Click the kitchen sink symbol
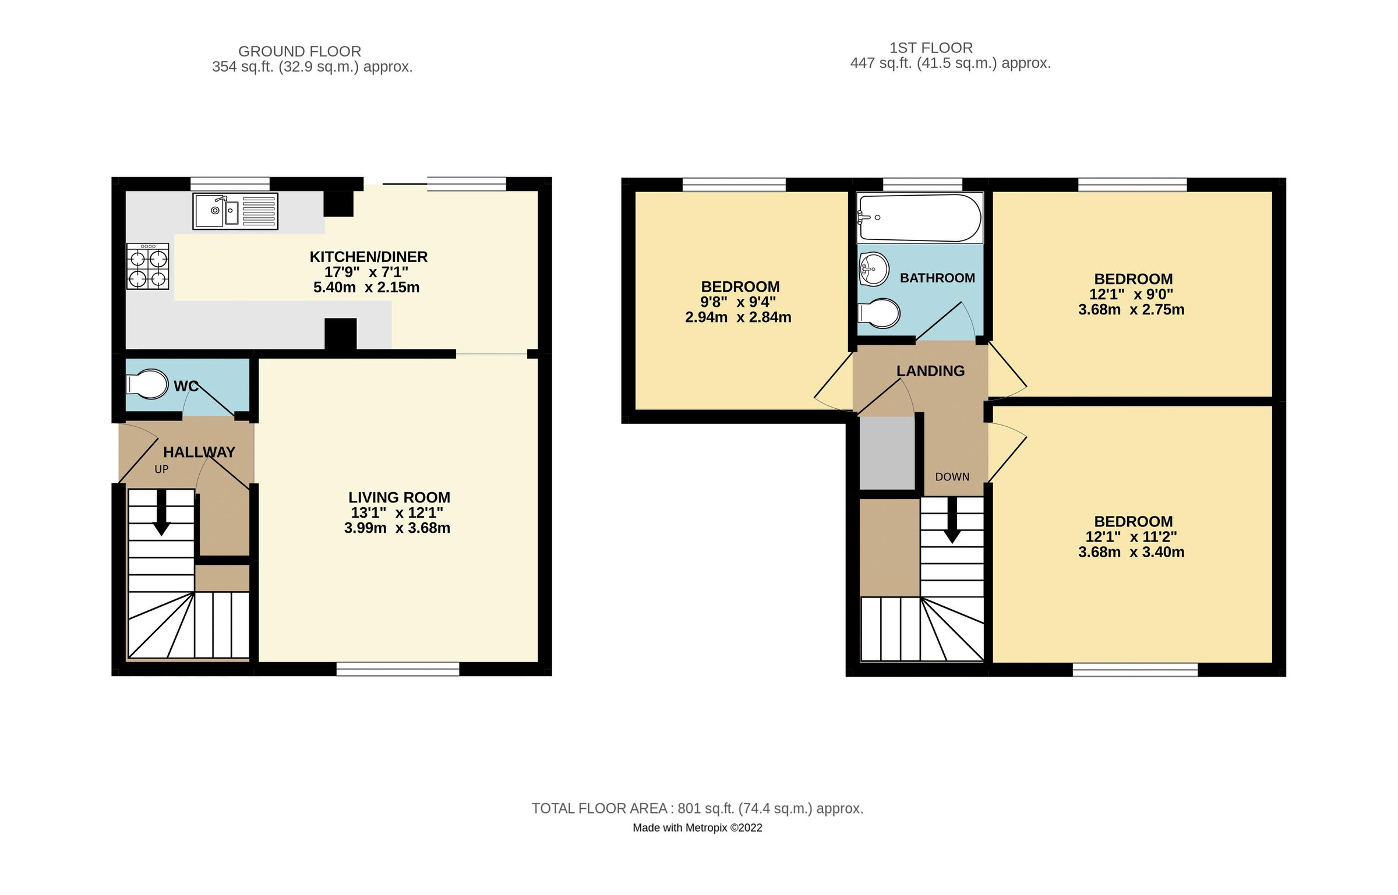pyautogui.click(x=235, y=211)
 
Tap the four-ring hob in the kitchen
pyautogui.click(x=148, y=267)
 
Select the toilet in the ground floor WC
pyautogui.click(x=147, y=384)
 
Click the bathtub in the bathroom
pyautogui.click(x=919, y=218)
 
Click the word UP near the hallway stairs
pyautogui.click(x=161, y=469)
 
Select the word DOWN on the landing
pyautogui.click(x=952, y=477)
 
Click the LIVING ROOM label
pyautogui.click(x=399, y=497)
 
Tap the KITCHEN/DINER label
pyautogui.click(x=368, y=257)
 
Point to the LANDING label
pyautogui.click(x=930, y=371)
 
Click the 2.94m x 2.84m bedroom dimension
pyautogui.click(x=737, y=317)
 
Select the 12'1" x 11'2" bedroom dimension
pyautogui.click(x=1131, y=537)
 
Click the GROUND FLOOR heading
pyautogui.click(x=299, y=51)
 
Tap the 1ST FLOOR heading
pyautogui.click(x=930, y=48)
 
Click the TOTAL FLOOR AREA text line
pyautogui.click(x=697, y=808)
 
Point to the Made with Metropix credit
pyautogui.click(x=697, y=827)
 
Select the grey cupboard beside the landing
pyautogui.click(x=887, y=453)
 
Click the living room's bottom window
pyautogui.click(x=398, y=669)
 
